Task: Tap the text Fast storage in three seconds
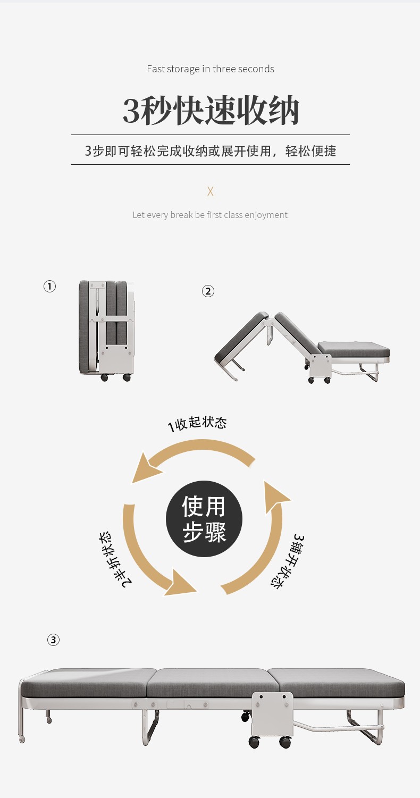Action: pos(211,69)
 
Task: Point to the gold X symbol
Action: pos(211,191)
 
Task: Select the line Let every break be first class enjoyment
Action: pos(210,215)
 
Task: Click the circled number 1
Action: pos(49,287)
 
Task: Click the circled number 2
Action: pos(208,291)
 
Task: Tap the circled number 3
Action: pos(53,640)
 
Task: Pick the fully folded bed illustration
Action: pos(106,330)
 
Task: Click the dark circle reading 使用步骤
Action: pos(204,519)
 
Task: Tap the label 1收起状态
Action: pos(197,424)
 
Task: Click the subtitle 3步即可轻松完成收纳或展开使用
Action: pos(211,151)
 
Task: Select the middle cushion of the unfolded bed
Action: pos(207,683)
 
